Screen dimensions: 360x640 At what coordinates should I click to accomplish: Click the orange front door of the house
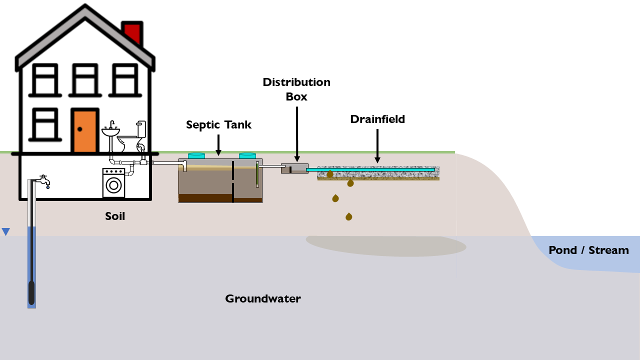point(83,131)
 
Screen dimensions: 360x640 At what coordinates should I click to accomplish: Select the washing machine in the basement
point(113,182)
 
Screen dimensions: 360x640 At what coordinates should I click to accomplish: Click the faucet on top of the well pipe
point(44,180)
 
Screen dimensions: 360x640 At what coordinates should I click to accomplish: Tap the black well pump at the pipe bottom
point(31,292)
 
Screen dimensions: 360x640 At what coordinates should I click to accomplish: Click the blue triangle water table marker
point(5,231)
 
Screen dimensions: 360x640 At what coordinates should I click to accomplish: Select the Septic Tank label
point(218,124)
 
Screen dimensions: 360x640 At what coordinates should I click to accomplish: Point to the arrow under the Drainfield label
point(377,145)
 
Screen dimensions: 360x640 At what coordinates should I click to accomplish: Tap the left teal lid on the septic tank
point(196,155)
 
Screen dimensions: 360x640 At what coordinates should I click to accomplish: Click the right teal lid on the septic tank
point(247,155)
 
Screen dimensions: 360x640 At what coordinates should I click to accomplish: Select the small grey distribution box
point(294,168)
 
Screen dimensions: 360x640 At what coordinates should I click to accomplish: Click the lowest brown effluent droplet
point(348,216)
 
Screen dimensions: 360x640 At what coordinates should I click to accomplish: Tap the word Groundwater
point(262,299)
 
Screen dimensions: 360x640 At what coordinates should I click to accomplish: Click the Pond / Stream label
point(588,250)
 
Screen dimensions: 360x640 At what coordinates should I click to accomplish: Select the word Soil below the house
point(115,216)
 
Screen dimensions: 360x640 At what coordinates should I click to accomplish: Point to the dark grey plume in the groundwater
point(385,245)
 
